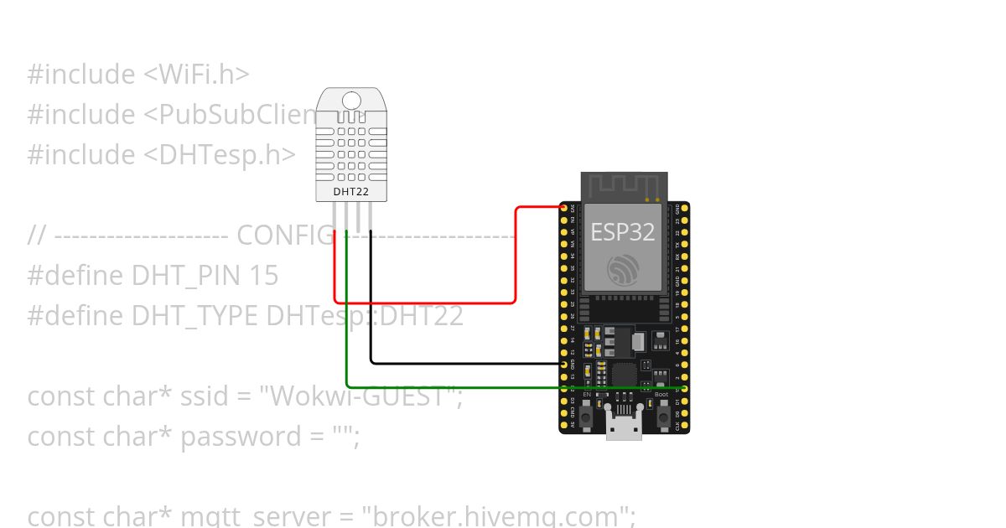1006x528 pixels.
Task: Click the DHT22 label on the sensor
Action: (351, 191)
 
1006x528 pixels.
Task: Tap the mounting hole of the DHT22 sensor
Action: (351, 101)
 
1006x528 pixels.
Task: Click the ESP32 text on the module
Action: (623, 231)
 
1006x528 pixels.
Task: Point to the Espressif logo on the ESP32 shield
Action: (624, 267)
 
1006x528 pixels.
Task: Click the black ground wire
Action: (461, 363)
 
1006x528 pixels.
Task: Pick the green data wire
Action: (503, 388)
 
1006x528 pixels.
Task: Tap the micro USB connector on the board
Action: (624, 427)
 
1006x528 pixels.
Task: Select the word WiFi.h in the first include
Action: (199, 75)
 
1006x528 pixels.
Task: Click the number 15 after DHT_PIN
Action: (264, 276)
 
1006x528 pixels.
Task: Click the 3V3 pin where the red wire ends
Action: (563, 207)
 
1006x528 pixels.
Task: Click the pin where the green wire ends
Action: (684, 389)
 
